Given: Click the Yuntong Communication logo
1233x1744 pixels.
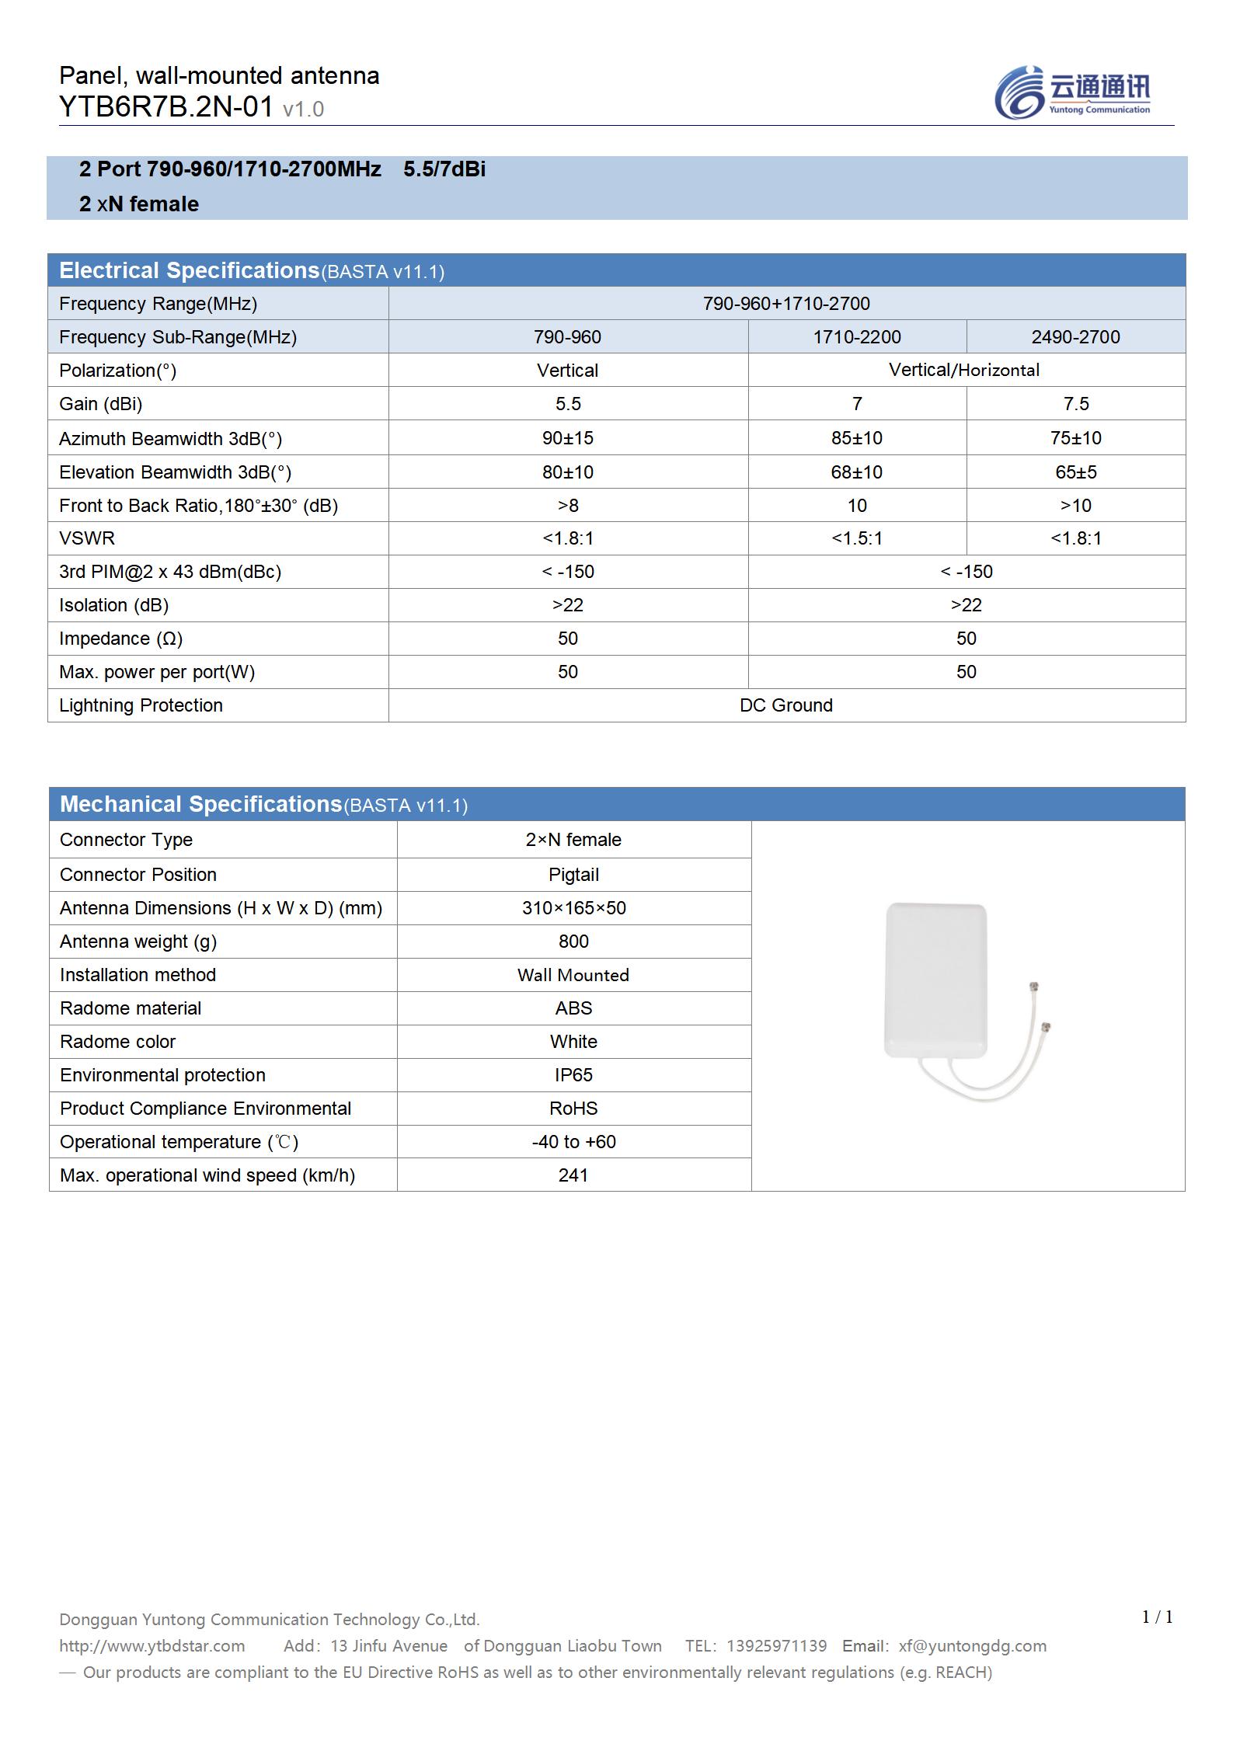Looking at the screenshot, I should [1072, 93].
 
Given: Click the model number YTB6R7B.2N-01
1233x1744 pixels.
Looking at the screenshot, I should [165, 107].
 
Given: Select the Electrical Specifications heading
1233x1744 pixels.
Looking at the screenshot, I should [189, 270].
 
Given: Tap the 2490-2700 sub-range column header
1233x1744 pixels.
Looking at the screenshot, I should [1075, 337].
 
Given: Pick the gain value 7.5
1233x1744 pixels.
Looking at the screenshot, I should [1075, 404].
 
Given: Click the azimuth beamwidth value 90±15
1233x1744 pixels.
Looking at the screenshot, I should [567, 438].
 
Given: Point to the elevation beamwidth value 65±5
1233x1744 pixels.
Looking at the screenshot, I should [1075, 472].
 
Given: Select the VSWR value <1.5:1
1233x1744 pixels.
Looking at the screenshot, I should [856, 538].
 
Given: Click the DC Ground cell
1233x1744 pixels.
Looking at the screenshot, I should [785, 705].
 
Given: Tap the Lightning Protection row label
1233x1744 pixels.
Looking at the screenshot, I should [141, 705].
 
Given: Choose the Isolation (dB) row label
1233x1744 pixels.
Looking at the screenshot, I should [113, 605].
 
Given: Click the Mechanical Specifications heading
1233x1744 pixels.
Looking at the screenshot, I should [200, 804].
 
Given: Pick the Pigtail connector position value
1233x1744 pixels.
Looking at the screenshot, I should [573, 875].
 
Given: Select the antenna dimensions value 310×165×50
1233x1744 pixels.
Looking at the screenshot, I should [573, 908].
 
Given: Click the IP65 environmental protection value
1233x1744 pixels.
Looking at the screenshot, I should [573, 1075].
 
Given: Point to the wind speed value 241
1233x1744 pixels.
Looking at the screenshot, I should [573, 1175].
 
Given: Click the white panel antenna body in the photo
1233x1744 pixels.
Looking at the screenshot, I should [936, 979].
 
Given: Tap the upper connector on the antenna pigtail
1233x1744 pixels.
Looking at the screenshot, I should [1033, 988].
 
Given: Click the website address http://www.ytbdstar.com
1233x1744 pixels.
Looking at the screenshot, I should [152, 1646].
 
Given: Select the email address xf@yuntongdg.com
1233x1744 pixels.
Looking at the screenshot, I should [972, 1646].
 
